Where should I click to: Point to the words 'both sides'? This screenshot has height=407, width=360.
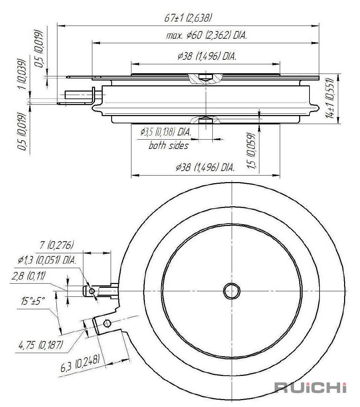(168, 145)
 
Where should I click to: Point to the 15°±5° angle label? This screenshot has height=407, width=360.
(33, 301)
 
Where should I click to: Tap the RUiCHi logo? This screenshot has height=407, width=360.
(311, 388)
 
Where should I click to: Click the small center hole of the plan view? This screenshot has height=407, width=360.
(231, 291)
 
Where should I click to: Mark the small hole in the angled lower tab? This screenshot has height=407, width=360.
(107, 323)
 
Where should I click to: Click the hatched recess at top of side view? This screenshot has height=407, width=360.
(205, 78)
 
